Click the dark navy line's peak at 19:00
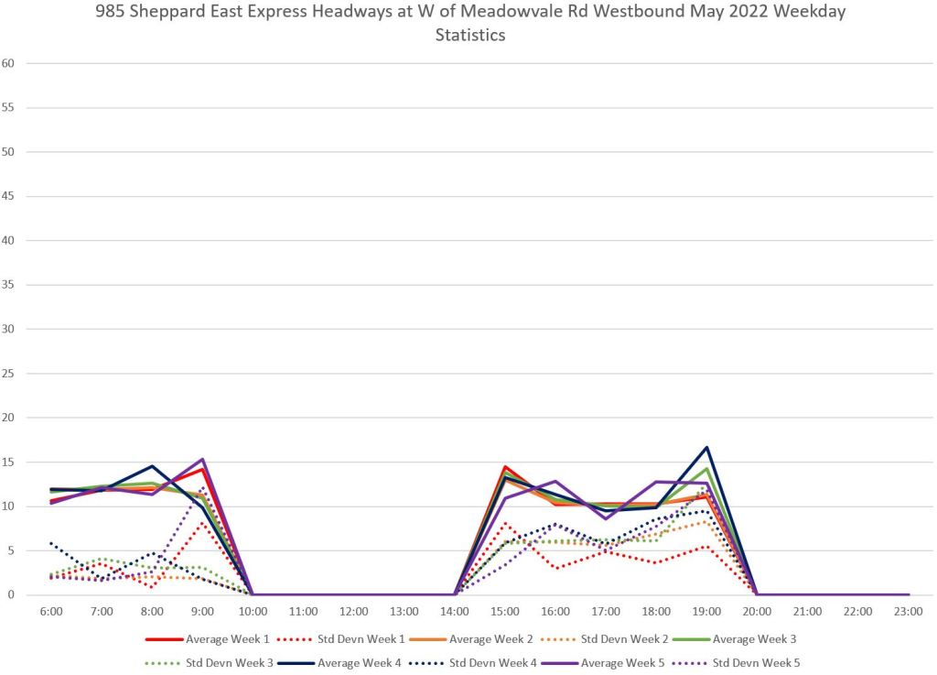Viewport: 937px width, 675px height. point(706,447)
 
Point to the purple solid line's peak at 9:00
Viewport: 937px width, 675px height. point(202,459)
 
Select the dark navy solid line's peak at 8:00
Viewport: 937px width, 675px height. point(152,466)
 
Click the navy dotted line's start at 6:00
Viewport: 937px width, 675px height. point(51,543)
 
